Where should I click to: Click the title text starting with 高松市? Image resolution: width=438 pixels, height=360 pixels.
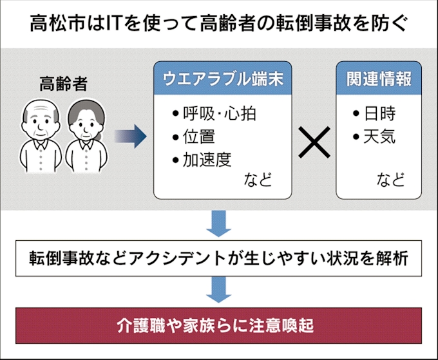(218, 24)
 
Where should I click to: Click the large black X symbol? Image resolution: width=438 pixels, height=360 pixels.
(315, 142)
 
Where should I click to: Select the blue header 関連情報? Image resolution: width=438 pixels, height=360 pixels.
(379, 80)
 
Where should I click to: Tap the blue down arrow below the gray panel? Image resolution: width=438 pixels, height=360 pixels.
(219, 224)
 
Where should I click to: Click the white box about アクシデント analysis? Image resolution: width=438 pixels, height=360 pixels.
(218, 259)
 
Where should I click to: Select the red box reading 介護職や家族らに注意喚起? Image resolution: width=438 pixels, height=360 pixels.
(218, 325)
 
